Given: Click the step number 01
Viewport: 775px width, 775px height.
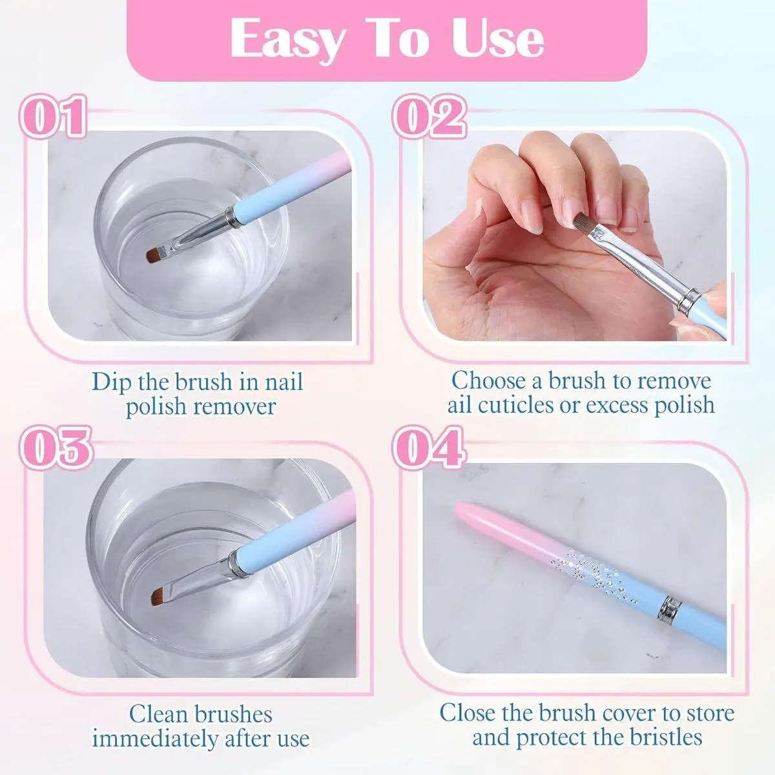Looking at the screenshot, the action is point(53,117).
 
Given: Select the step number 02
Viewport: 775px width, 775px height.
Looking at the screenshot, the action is point(429,117).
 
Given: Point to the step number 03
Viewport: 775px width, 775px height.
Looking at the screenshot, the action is point(56,448).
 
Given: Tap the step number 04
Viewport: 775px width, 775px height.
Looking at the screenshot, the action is point(429,448).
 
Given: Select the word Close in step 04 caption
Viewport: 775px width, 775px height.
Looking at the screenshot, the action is point(468,712).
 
